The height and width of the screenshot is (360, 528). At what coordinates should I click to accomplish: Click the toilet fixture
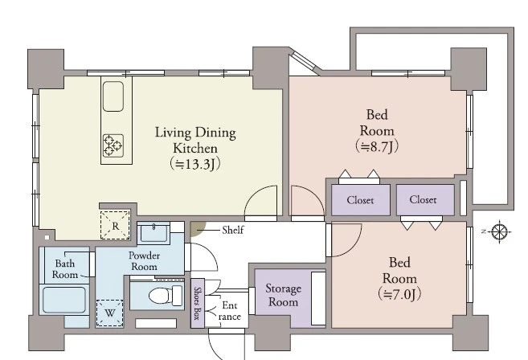(166, 296)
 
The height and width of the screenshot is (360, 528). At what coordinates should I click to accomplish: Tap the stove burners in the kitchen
(113, 145)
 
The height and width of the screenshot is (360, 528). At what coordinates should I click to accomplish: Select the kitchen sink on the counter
(113, 96)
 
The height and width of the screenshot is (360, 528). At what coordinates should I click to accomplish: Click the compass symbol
(500, 231)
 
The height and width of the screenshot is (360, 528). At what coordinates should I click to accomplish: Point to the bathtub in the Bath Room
(64, 300)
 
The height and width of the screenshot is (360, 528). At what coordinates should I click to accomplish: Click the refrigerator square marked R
(115, 225)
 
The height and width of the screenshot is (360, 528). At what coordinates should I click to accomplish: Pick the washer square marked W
(110, 313)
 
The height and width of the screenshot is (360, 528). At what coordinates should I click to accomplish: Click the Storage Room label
(283, 296)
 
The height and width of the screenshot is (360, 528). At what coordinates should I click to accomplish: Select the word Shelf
(233, 231)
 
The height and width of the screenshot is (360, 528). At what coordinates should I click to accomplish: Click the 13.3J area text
(195, 165)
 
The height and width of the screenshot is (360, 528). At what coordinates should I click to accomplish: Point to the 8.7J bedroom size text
(377, 147)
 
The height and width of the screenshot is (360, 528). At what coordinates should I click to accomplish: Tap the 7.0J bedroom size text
(399, 294)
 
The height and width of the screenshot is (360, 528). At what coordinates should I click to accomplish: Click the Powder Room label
(144, 261)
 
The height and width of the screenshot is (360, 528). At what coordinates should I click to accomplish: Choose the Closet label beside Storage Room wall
(360, 200)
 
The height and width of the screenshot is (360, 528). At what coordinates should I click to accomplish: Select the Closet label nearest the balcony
(423, 200)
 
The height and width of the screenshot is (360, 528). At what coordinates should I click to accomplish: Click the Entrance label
(230, 311)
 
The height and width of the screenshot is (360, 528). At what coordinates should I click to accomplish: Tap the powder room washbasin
(153, 233)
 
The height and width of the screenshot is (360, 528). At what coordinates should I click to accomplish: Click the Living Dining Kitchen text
(195, 141)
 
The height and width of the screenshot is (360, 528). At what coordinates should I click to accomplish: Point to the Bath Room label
(64, 268)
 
